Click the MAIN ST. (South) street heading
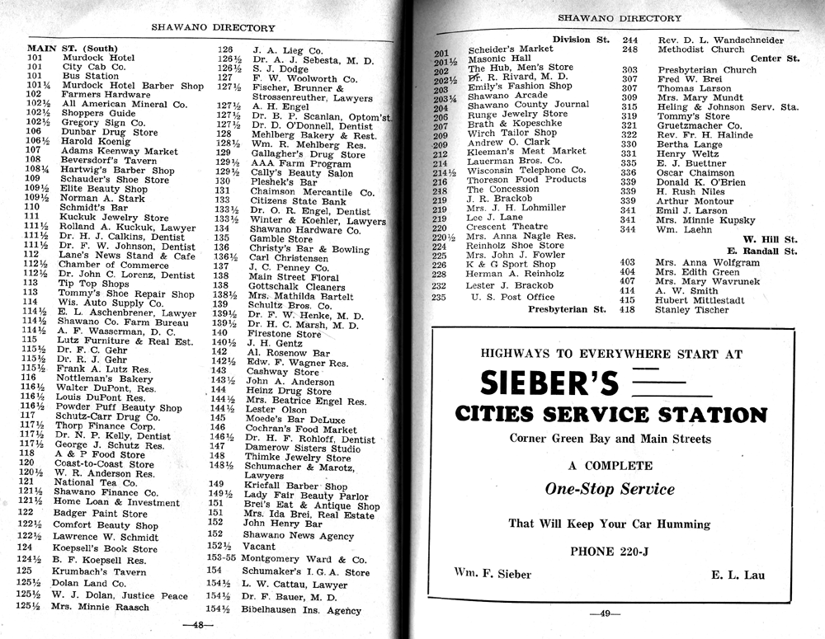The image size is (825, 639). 72,48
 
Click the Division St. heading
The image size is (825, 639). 581,40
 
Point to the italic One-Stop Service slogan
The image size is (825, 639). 610,489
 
